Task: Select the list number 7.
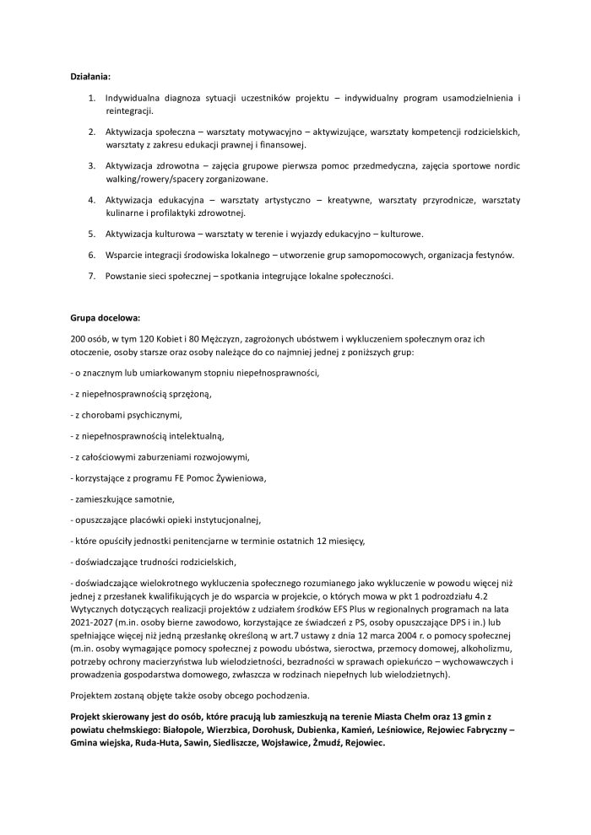pos(92,276)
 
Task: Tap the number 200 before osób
pos(79,338)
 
